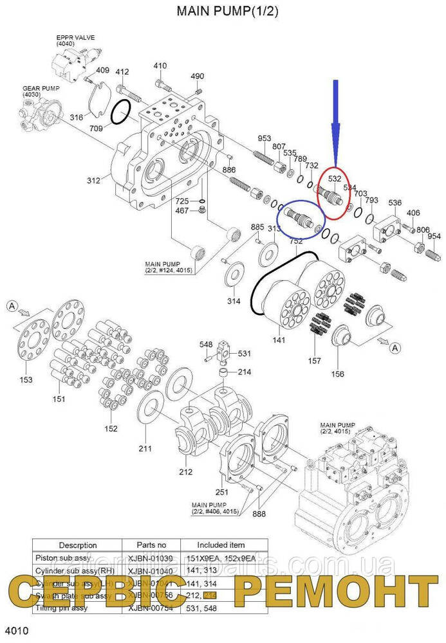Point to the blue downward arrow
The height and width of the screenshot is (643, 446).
click(335, 116)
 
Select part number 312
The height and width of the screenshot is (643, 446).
click(93, 181)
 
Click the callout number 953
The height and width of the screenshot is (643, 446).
click(264, 139)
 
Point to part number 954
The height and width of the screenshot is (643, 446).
click(434, 236)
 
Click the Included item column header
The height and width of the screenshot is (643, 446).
click(221, 544)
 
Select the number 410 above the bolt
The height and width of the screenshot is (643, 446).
click(160, 66)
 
